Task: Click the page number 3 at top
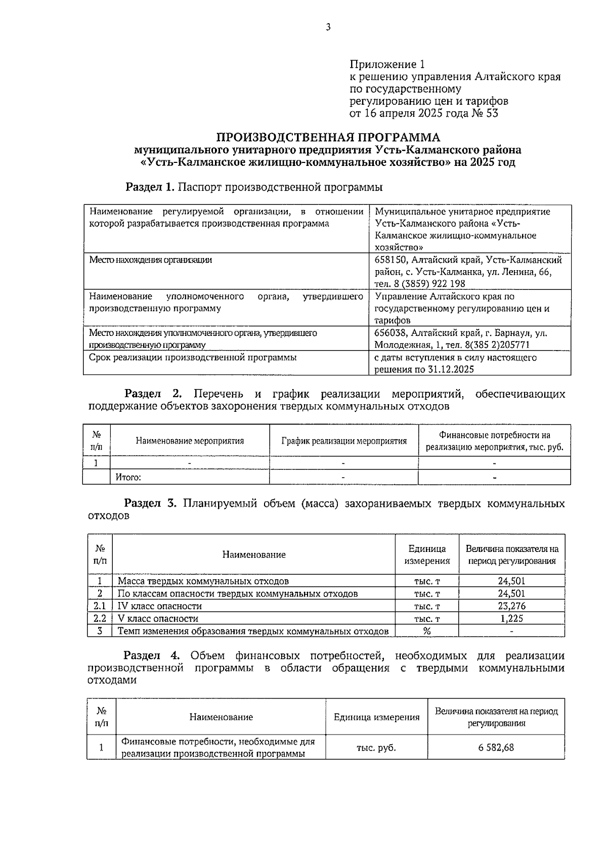328,27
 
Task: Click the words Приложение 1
387,65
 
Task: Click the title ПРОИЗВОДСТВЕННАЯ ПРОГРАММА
328,138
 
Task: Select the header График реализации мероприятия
344,441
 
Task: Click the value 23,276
511,606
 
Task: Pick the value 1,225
511,618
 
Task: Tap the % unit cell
427,631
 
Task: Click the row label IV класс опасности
160,606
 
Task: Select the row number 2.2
100,618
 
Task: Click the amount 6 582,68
496,747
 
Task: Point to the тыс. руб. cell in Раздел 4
376,747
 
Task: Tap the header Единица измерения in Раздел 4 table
376,717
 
